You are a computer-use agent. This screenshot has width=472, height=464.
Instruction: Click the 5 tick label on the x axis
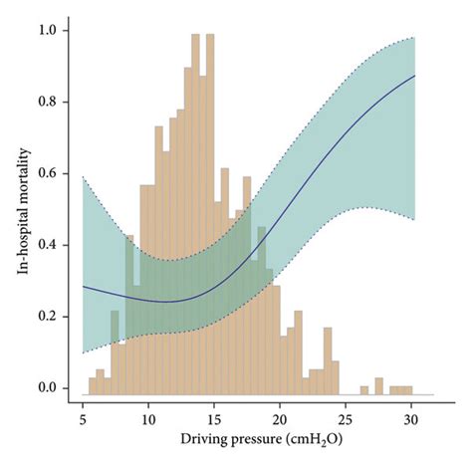pos(83,419)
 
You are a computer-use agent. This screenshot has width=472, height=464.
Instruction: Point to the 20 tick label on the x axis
pos(280,419)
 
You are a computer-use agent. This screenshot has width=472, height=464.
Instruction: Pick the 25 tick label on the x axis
pos(346,419)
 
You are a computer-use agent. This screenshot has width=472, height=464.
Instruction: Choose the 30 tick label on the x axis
pos(411,419)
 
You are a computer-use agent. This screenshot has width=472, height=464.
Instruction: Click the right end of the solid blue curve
pos(415,76)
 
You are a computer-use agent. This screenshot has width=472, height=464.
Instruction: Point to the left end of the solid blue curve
pos(83,286)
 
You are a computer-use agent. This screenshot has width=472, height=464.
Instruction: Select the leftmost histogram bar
pos(92,385)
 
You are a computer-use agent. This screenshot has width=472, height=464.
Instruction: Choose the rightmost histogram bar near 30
pos(406,389)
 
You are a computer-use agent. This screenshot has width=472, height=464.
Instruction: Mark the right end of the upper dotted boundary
pos(415,38)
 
